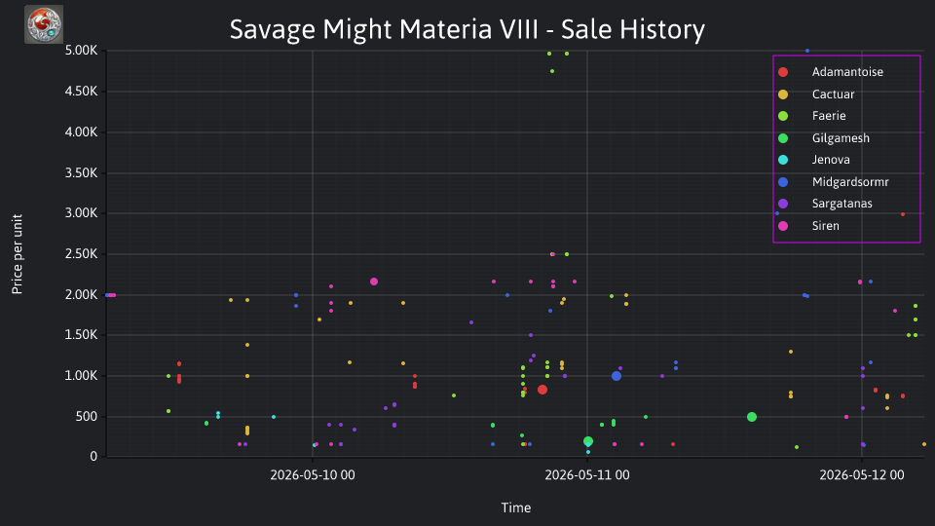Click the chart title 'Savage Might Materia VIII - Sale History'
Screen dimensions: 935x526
[467, 29]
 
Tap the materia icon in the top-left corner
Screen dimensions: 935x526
[44, 24]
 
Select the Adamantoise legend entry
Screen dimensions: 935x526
[846, 72]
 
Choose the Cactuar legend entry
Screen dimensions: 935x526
[833, 94]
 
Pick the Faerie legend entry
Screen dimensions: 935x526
[828, 116]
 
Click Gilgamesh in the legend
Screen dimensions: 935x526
[841, 138]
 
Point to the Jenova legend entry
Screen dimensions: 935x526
[830, 160]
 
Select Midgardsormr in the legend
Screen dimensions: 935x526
[849, 182]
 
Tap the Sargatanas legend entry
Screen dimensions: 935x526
[841, 204]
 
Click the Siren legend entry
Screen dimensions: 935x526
[825, 226]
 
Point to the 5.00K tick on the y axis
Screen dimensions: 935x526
[81, 51]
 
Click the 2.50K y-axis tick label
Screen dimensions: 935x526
[81, 254]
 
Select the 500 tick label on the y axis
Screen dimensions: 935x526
[87, 416]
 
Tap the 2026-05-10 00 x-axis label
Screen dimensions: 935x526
[313, 474]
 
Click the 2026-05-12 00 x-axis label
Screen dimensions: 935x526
[862, 474]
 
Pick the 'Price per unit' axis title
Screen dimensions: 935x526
[18, 254]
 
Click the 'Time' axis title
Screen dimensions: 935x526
[516, 507]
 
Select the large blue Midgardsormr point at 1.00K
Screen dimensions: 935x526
[617, 376]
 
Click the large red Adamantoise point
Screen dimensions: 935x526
[542, 390]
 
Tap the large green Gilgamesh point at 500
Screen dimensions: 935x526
[752, 417]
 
